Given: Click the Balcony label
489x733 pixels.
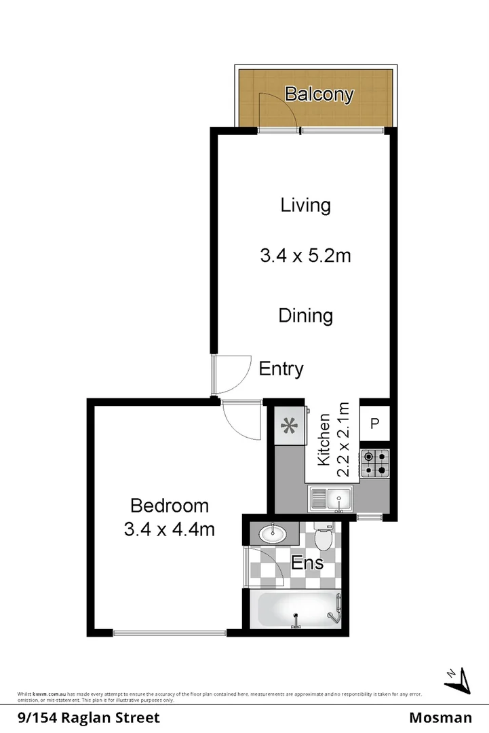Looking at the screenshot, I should (319, 94).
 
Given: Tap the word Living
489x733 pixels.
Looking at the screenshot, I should (305, 205).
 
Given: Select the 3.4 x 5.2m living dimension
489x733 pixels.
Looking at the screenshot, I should (305, 256).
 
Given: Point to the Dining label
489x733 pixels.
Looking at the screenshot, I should (305, 316).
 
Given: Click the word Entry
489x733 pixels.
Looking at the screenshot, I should (281, 369).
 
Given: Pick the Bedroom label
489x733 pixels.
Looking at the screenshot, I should (169, 506).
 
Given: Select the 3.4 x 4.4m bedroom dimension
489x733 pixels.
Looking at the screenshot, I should (169, 529).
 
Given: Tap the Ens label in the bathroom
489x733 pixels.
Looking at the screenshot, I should (307, 563).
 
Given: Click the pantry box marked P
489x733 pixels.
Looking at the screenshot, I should (374, 424).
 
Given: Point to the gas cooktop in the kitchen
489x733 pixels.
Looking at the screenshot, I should (375, 462).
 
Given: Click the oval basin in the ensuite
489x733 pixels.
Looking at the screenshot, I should (273, 533).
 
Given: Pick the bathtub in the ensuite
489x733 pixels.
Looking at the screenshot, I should (295, 609).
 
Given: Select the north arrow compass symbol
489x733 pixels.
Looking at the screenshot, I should (459, 679).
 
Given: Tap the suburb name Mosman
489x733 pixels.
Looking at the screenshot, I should (441, 717).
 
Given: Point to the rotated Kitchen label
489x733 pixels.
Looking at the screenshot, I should (325, 439).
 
